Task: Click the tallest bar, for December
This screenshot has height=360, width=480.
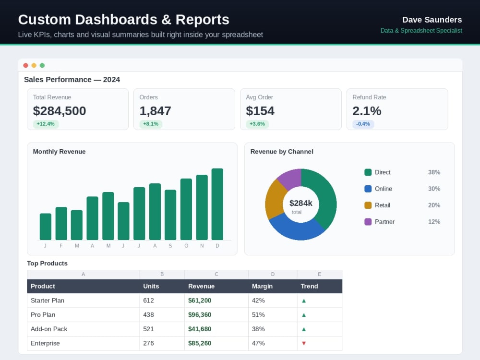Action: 217,204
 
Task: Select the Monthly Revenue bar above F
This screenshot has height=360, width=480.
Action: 61,224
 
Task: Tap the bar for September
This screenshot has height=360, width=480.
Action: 170,215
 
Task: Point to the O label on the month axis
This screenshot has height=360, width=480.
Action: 186,246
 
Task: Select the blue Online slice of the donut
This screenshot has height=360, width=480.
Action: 295,228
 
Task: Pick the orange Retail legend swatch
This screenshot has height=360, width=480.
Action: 368,205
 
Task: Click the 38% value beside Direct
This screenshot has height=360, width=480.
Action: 434,172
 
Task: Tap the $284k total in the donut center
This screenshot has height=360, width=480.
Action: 301,203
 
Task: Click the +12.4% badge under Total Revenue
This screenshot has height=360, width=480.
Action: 46,124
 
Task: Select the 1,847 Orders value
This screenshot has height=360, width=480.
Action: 155,111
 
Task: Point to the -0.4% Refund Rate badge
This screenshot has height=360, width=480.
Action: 363,124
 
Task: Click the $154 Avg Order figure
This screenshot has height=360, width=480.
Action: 260,111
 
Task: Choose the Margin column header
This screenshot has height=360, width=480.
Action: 263,286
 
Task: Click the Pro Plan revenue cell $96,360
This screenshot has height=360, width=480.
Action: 200,315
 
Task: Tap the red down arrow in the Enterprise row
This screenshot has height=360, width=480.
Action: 304,343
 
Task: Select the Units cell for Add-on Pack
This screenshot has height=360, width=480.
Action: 148,329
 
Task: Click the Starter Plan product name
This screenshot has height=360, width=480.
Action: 48,300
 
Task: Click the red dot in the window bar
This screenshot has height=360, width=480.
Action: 26,65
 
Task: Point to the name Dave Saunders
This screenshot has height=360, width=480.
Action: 432,20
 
